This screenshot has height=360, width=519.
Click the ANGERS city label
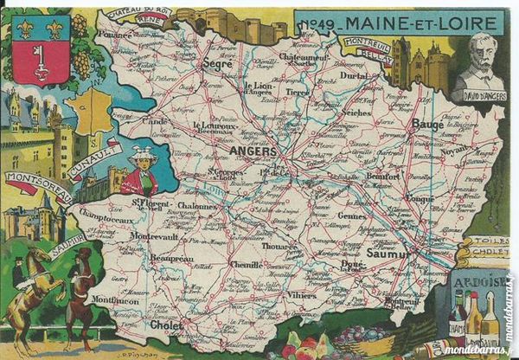pos(253,150)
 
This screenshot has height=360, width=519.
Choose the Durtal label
pos(353,75)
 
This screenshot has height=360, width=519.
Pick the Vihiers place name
pos(303,294)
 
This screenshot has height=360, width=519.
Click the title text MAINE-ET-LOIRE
pos(416,20)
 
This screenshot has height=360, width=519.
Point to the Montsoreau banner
pos(38,185)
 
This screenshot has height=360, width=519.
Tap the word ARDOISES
pos(478,282)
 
